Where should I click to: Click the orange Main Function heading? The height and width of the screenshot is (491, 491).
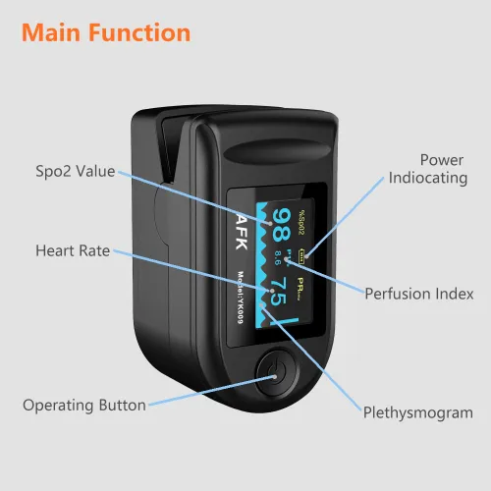coord(106,32)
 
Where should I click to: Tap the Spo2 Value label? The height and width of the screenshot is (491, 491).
coord(76,171)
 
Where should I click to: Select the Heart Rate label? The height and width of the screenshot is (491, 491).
coord(73,250)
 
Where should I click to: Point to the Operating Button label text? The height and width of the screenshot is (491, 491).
coord(84,406)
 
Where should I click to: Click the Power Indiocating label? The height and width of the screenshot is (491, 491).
coord(428,169)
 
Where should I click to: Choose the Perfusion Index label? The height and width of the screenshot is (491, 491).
coord(419,294)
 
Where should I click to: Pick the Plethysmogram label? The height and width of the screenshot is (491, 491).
coord(418,412)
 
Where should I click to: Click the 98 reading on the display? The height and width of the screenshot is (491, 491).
coord(282,225)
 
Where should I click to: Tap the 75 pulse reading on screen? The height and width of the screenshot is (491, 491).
coord(279,292)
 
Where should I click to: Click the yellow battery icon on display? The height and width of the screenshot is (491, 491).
coord(301,255)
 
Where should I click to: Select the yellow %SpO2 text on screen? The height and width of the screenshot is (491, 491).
coord(301,223)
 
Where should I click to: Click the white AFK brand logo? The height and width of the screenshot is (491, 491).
coord(242,232)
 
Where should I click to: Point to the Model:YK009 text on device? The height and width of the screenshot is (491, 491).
coord(241,298)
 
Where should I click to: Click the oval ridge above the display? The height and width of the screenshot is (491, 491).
coord(278,151)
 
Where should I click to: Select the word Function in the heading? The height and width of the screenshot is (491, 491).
coord(139,32)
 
